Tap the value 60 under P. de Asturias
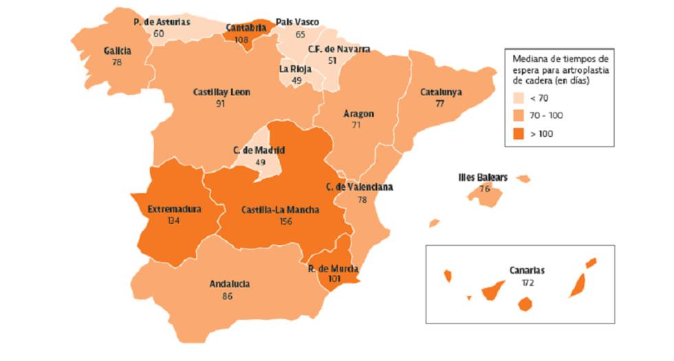point(159,33)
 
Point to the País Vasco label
point(297,22)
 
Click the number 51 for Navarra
point(333,61)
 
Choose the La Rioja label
point(295,69)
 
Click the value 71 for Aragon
point(356,126)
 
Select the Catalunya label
point(441,91)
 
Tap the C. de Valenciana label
point(360,187)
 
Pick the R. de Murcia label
point(334,269)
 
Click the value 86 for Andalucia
point(227,296)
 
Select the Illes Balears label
point(483,177)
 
